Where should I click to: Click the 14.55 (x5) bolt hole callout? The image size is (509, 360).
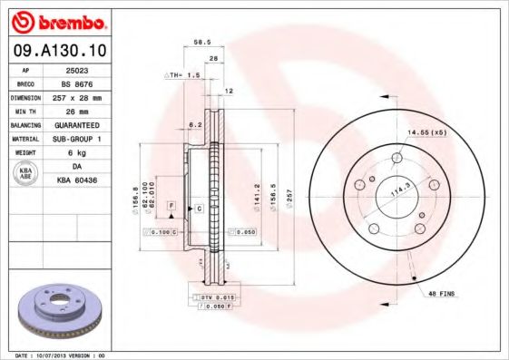click(x=426, y=132)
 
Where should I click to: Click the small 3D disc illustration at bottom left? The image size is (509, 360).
click(x=56, y=314)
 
